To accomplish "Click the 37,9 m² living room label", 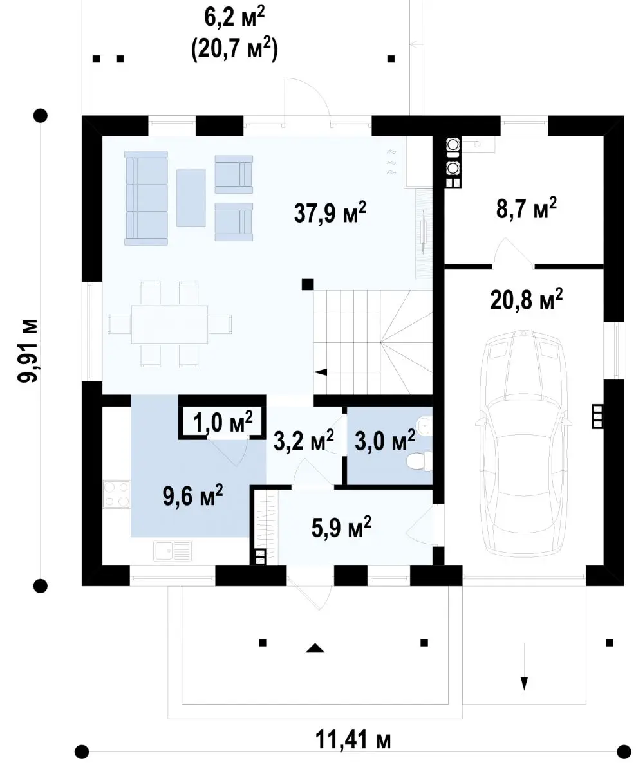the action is point(330,212).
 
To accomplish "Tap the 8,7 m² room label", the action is point(527,208).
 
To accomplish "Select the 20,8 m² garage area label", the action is point(526,299).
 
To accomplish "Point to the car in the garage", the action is point(524,442).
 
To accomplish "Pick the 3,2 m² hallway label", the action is point(303,441).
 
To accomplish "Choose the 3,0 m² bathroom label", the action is point(385,441).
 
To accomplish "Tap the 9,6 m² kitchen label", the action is point(192,495).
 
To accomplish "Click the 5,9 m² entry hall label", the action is point(341,527).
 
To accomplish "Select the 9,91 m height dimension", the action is point(27,351).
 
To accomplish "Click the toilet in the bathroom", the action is point(419,461).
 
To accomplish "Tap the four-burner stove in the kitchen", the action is point(116,494).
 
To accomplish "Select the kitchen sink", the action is point(172,551).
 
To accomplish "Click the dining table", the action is point(170,324).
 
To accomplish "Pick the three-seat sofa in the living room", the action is point(146,198).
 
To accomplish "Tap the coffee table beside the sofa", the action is point(191,198).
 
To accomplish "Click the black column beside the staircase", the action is point(308,284).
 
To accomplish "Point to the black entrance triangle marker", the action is point(315,648).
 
